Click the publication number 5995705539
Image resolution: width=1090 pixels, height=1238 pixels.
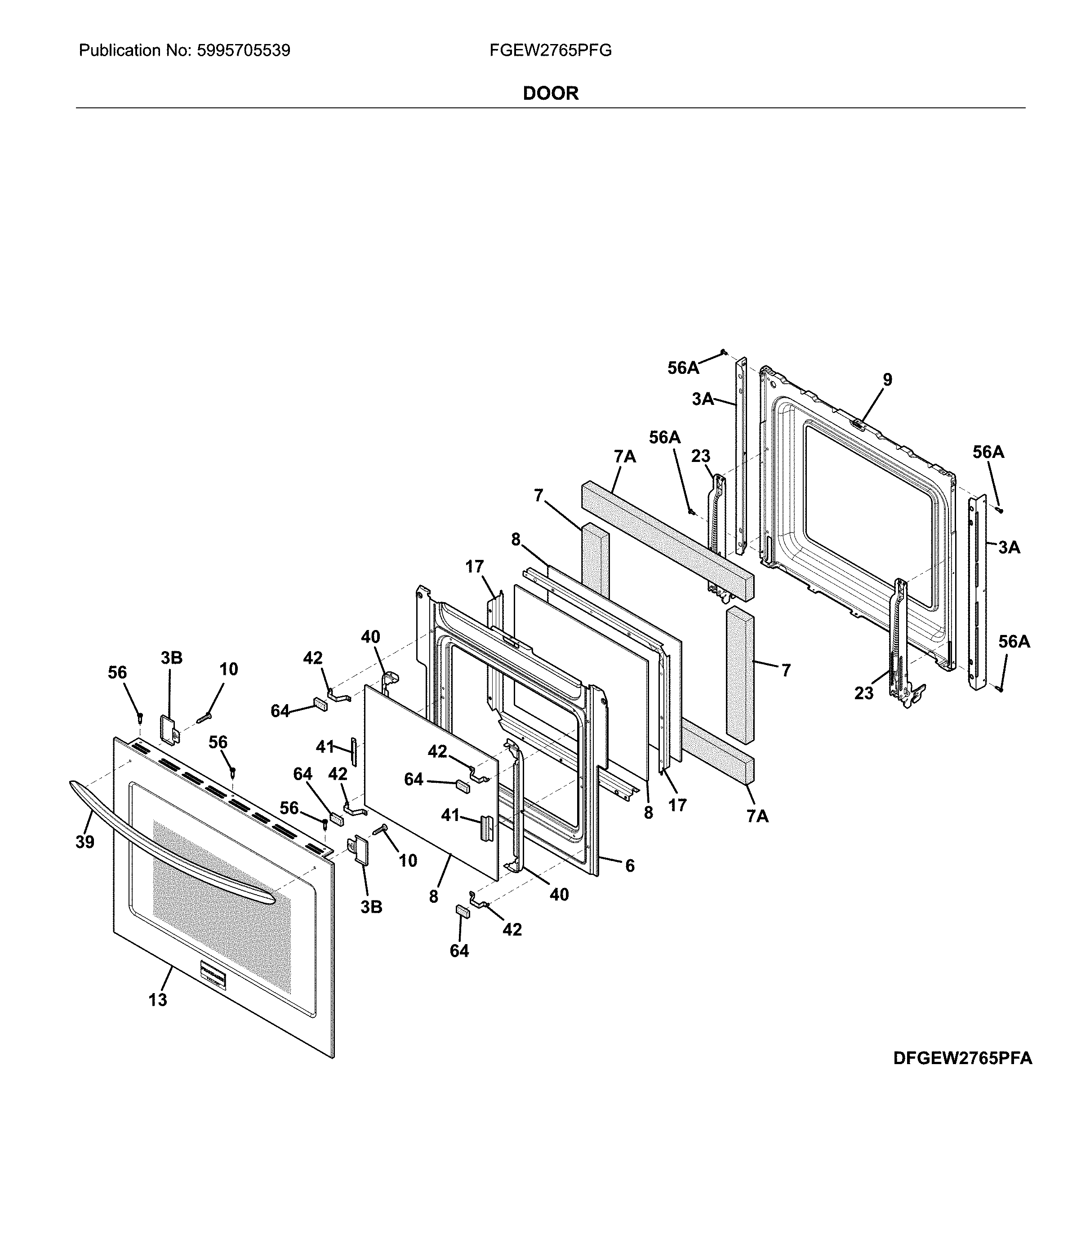click(243, 50)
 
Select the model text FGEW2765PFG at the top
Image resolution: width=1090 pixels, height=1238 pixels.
click(550, 50)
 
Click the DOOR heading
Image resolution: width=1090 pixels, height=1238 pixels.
click(550, 93)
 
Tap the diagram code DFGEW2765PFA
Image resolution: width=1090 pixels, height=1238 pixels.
click(962, 1058)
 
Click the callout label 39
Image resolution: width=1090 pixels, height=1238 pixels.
click(85, 842)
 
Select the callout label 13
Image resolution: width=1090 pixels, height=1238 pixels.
click(157, 1000)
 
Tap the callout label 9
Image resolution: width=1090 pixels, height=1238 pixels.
click(887, 380)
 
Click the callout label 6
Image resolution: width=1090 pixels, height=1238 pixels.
click(630, 866)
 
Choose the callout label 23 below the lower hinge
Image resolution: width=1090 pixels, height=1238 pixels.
click(864, 693)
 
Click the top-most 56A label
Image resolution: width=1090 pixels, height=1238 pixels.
click(683, 368)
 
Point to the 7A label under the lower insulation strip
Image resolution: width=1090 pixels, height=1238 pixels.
click(757, 816)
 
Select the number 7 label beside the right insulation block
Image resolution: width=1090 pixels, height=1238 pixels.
click(786, 670)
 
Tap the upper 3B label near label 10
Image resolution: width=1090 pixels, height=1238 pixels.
click(171, 658)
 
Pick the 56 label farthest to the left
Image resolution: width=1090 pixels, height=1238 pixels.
click(118, 672)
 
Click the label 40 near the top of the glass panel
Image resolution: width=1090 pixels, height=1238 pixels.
click(370, 637)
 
